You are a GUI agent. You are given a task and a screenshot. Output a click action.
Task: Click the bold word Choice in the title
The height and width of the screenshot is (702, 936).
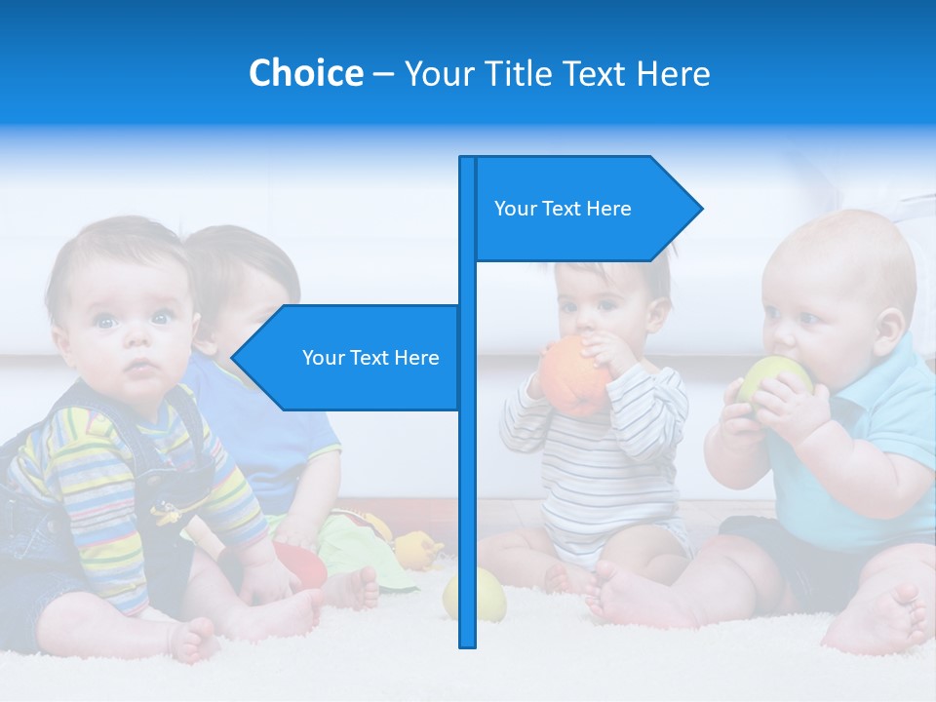(x=305, y=73)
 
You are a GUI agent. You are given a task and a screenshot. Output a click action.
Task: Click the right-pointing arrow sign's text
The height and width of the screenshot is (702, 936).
(x=563, y=209)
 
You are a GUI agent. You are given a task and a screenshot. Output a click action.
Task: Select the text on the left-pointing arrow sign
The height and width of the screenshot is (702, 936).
(x=370, y=358)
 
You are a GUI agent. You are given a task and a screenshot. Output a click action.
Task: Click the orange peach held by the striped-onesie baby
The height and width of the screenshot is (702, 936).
(x=574, y=377)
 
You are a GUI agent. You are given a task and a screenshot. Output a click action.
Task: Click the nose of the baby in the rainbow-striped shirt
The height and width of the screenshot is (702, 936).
(x=136, y=342)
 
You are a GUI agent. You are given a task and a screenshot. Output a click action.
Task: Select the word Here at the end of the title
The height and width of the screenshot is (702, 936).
(x=673, y=73)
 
